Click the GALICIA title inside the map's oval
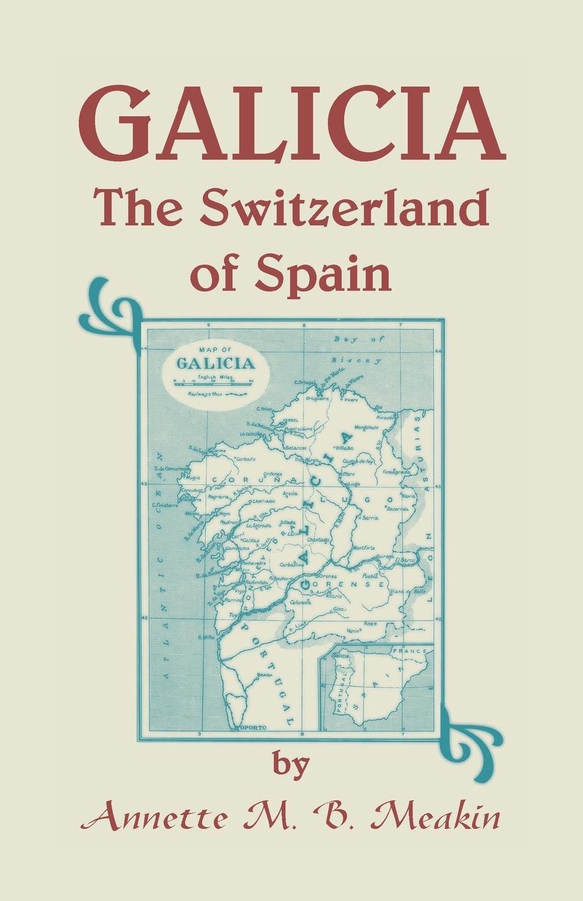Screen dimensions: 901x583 point(215,362)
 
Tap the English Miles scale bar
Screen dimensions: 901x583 point(214,381)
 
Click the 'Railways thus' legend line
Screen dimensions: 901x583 point(214,393)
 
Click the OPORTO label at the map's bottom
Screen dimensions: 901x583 point(252,727)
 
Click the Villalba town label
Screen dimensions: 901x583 point(346,448)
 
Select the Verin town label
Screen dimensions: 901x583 point(352,631)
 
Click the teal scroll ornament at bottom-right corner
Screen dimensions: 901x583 point(474,735)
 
